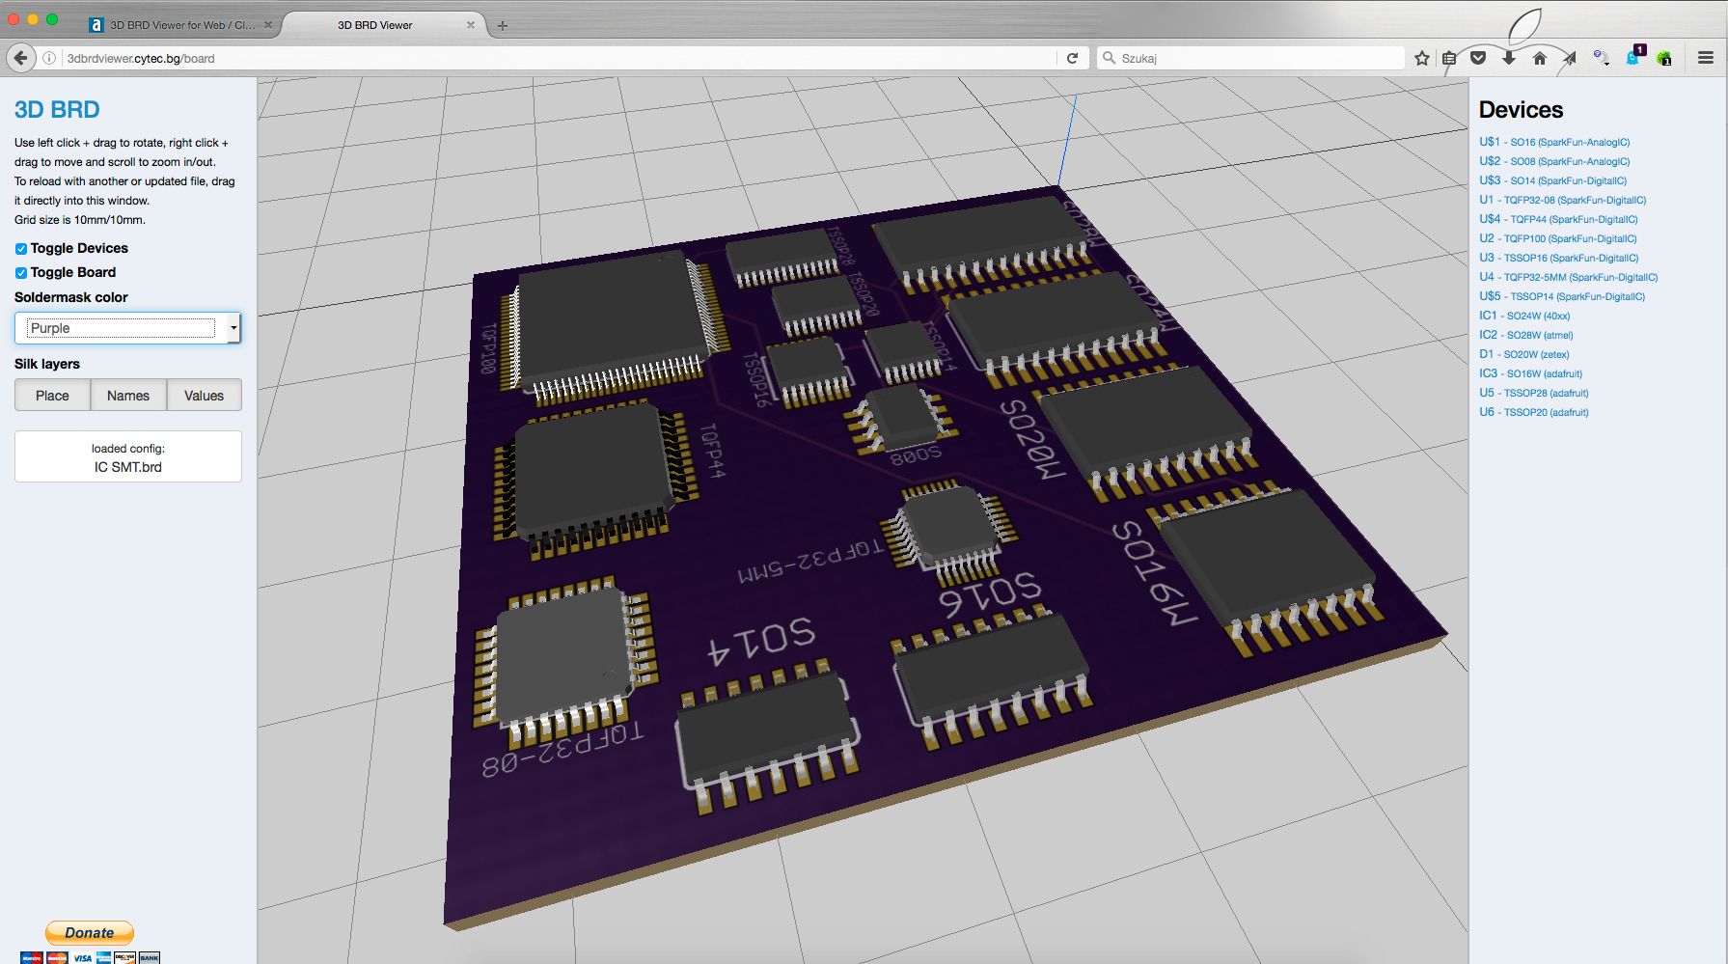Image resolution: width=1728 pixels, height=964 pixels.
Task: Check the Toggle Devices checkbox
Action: pyautogui.click(x=21, y=249)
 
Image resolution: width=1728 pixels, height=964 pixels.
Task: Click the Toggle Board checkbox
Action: pyautogui.click(x=21, y=273)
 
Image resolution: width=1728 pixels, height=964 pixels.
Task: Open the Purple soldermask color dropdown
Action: pyautogui.click(x=127, y=328)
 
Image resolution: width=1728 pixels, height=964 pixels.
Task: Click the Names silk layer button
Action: pyautogui.click(x=128, y=396)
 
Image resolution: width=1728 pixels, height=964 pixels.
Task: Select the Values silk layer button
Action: pyautogui.click(x=204, y=396)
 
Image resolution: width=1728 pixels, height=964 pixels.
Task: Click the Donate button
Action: pyautogui.click(x=90, y=932)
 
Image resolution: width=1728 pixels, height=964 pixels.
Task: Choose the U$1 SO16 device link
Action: pyautogui.click(x=1554, y=142)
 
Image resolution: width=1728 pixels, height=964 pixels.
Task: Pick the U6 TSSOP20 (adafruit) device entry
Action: pyautogui.click(x=1533, y=412)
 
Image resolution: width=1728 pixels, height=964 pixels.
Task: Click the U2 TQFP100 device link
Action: pyautogui.click(x=1557, y=238)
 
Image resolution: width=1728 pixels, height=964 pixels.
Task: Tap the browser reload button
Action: pyautogui.click(x=1072, y=58)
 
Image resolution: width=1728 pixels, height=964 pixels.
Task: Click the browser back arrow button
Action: pyautogui.click(x=21, y=58)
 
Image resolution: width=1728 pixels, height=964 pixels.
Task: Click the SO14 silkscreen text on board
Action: pyautogui.click(x=763, y=642)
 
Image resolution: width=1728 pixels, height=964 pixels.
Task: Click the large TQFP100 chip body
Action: pyautogui.click(x=613, y=318)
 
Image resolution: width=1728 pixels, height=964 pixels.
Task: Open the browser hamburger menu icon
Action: pyautogui.click(x=1706, y=58)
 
